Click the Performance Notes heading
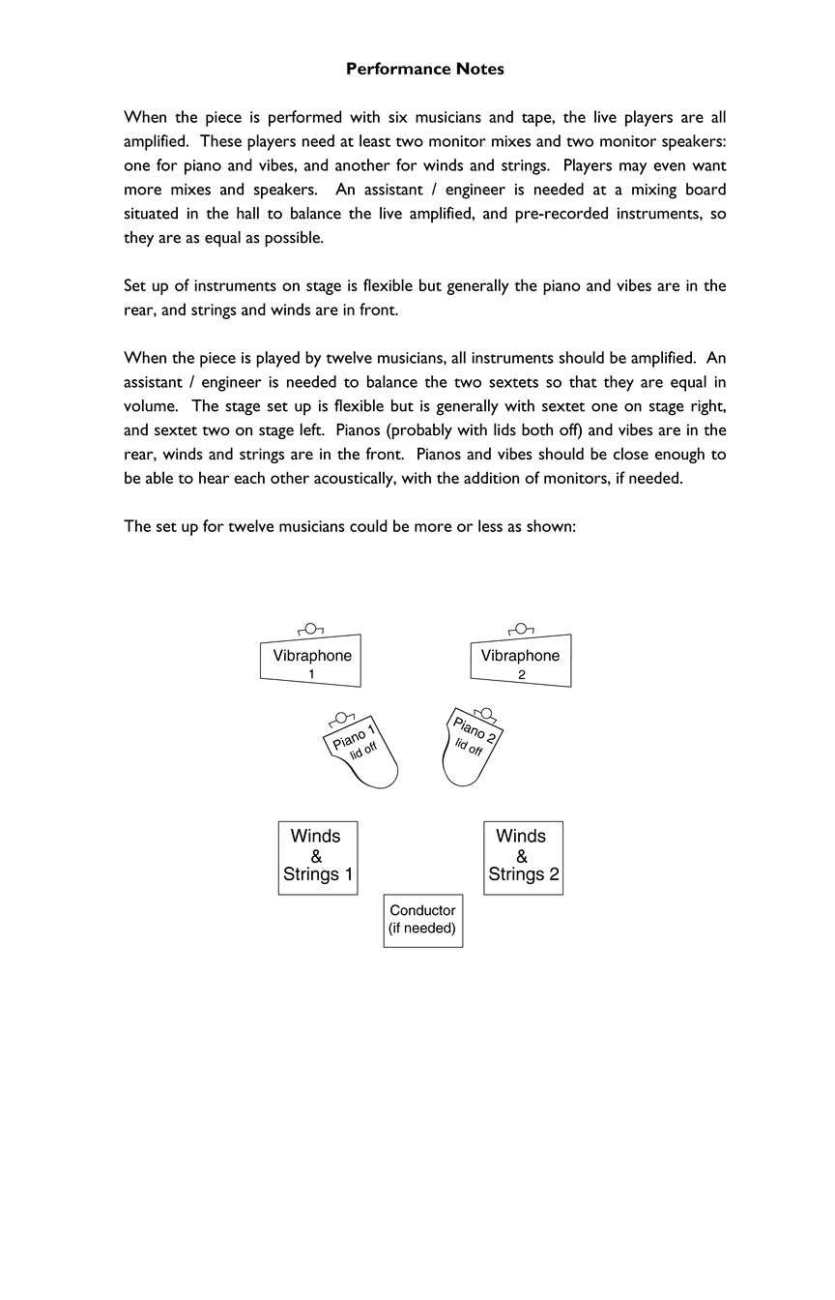[x=424, y=69]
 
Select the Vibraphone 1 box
[x=311, y=662]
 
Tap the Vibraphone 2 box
[x=521, y=663]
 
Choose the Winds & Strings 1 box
[x=317, y=857]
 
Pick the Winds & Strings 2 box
[x=523, y=857]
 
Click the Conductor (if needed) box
[x=422, y=920]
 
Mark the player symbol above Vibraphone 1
[x=311, y=630]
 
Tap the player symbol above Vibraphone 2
[x=521, y=630]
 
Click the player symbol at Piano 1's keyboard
[x=340, y=719]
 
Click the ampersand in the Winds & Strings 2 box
[x=522, y=856]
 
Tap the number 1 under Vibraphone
[x=311, y=674]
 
